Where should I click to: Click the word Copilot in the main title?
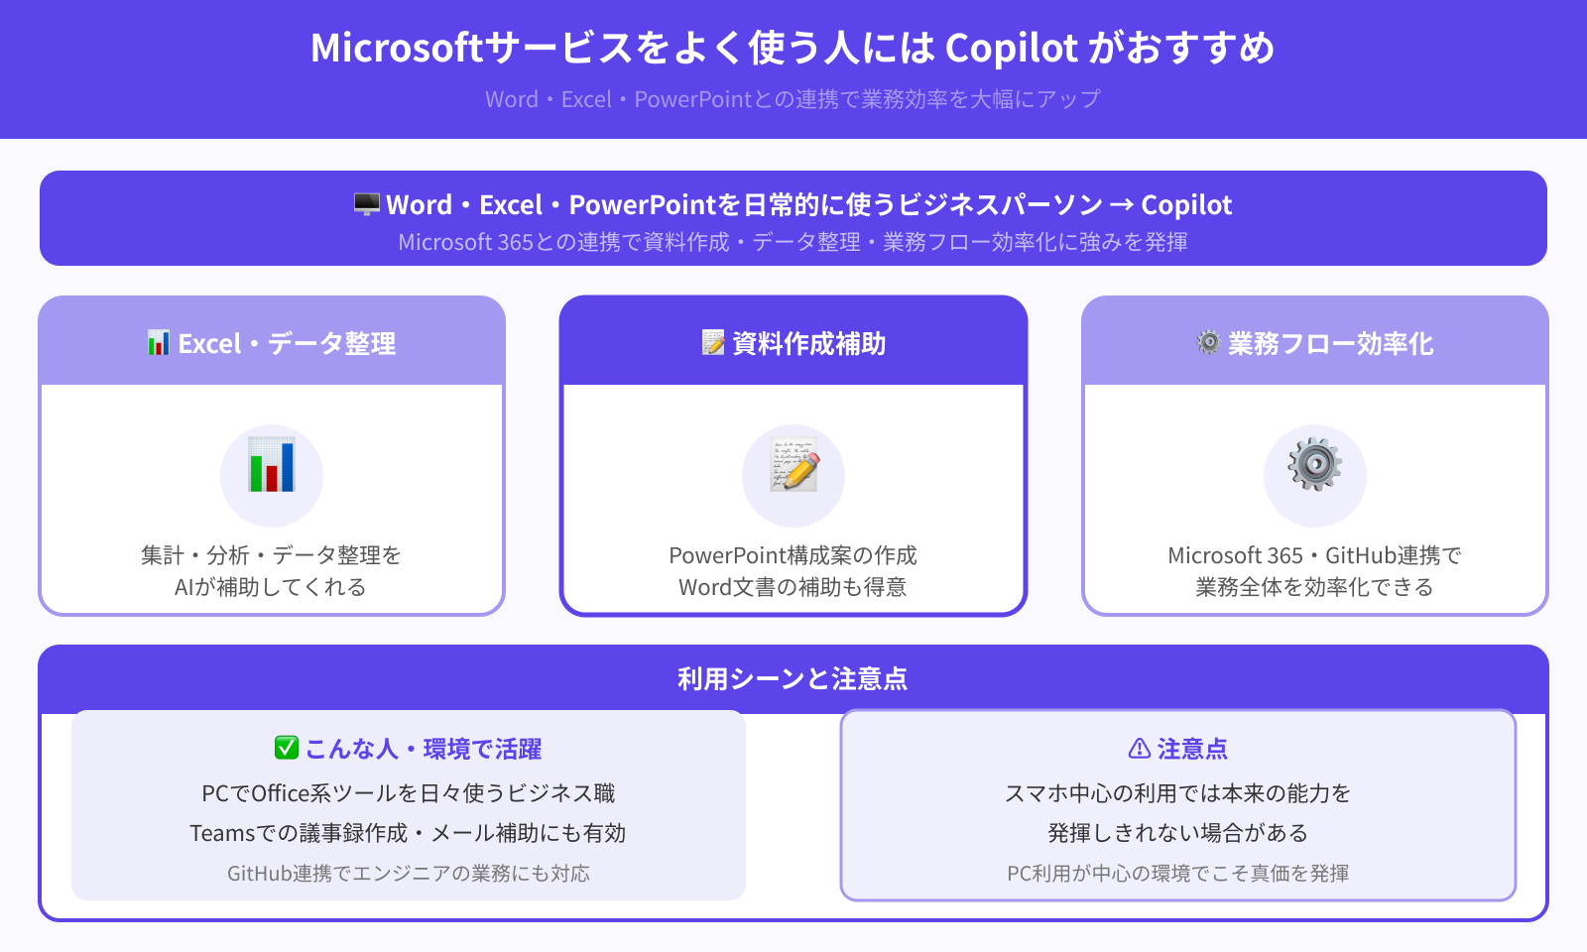1011,48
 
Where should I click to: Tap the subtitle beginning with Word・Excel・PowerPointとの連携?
793,99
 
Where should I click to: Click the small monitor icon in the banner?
367,204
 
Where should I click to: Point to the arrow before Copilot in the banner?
1121,205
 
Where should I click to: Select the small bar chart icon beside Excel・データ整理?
159,343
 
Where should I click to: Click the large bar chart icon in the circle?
272,465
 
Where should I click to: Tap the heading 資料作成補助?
808,344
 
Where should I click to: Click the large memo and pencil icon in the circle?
793,467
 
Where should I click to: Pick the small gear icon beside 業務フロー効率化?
1208,343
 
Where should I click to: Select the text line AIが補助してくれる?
271,587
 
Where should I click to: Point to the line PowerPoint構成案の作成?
793,555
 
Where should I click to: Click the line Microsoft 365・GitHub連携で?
1314,555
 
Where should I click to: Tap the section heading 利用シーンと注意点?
793,679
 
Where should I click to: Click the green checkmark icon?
287,748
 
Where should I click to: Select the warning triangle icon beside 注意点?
1140,749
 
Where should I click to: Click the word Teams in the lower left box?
222,833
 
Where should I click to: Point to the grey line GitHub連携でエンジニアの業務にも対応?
409,874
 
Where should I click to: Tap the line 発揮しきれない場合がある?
1178,833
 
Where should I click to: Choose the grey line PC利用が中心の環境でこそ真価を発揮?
1178,874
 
